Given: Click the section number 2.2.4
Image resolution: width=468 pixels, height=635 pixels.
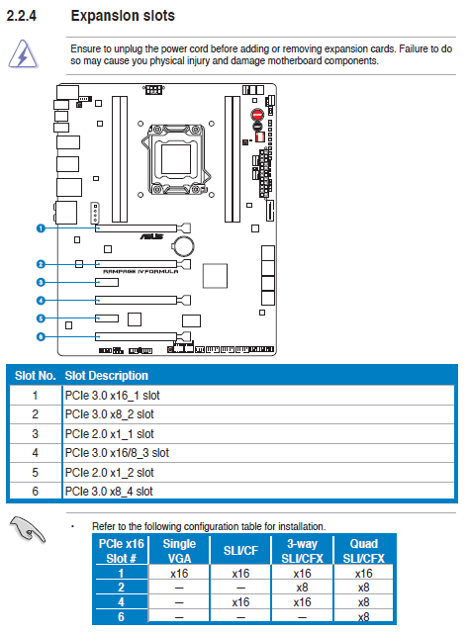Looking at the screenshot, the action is click(x=22, y=16).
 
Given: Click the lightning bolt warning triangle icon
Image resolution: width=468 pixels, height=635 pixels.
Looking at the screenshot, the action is click(x=23, y=54).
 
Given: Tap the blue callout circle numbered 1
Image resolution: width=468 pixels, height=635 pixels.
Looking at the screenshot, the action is click(x=41, y=228).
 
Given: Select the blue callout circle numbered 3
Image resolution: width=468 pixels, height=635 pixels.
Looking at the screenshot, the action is click(x=41, y=282).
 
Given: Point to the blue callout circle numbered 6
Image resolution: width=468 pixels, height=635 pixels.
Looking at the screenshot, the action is click(x=41, y=336).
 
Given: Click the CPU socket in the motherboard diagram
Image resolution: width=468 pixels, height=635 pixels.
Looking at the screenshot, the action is click(x=175, y=159).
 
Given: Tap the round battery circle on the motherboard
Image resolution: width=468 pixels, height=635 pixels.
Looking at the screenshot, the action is click(x=183, y=246).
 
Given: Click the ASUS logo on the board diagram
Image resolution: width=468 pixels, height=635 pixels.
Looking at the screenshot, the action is click(x=151, y=236).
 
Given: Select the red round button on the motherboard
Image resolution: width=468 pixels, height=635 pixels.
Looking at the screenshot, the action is click(x=257, y=114).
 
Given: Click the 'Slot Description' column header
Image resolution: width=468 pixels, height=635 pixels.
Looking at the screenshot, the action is click(x=107, y=376).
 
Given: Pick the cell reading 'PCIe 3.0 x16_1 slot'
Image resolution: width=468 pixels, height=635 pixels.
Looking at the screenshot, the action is click(x=112, y=396).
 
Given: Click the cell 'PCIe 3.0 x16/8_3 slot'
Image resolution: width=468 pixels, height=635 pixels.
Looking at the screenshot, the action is click(x=117, y=453).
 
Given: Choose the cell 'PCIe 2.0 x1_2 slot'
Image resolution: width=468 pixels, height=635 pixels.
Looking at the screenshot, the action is click(x=110, y=472).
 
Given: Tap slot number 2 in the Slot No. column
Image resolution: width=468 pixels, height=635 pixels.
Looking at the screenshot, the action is click(x=36, y=414).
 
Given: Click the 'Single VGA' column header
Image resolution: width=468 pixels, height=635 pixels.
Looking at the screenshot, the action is click(x=179, y=551).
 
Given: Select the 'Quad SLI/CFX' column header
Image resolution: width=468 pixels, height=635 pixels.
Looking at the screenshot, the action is click(x=363, y=551).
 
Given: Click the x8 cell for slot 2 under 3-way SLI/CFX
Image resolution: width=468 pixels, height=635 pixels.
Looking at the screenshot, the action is click(x=303, y=588).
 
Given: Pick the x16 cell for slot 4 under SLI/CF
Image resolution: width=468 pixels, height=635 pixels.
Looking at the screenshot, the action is click(x=240, y=602).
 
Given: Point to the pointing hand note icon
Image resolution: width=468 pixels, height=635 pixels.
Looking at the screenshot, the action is click(x=28, y=529).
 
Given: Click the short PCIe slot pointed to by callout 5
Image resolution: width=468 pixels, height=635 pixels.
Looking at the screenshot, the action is click(x=107, y=318).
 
